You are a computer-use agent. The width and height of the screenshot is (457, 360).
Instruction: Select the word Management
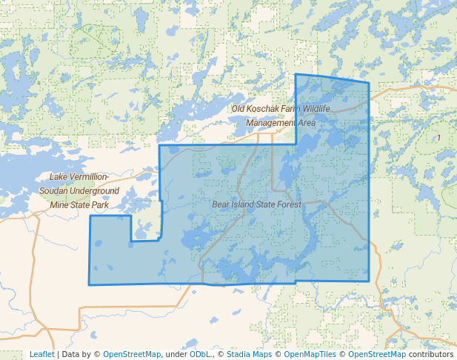pos(271,122)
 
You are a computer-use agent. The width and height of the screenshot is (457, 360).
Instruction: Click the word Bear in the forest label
pos(221,204)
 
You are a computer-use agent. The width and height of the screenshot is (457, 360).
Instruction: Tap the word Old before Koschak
pos(238,109)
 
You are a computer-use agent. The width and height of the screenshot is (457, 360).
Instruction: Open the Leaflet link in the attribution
pos(41,354)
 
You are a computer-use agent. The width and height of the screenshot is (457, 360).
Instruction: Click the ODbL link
pos(200,354)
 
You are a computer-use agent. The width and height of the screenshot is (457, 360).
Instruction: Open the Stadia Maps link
pos(249,354)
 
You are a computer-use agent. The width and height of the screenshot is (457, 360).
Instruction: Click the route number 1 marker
pos(438,138)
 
